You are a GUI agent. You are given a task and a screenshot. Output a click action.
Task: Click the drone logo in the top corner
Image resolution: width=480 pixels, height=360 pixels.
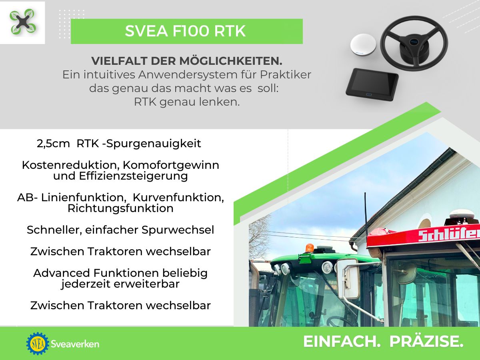[x=22, y=22]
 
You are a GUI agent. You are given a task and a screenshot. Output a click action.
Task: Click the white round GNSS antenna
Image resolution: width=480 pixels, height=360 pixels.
[x=364, y=44]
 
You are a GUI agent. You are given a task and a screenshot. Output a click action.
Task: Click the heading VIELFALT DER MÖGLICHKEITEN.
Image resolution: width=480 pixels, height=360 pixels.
[x=187, y=61]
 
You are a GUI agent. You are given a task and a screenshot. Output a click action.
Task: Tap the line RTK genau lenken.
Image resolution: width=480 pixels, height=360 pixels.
[x=187, y=102]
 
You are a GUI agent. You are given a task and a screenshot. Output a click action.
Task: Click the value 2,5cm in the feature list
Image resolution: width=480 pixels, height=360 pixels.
[x=53, y=144]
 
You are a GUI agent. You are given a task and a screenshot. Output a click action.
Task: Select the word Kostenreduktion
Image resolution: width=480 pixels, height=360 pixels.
[x=70, y=165]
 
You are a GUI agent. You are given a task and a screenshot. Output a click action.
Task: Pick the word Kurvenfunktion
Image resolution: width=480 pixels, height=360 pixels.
[x=178, y=198]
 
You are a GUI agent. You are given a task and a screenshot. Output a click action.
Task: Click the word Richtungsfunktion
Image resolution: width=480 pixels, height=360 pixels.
[x=120, y=208]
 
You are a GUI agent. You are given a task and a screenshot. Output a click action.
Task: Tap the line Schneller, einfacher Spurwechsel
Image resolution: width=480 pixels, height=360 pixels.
[x=120, y=230]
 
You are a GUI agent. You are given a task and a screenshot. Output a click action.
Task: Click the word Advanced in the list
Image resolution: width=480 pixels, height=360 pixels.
[x=62, y=273]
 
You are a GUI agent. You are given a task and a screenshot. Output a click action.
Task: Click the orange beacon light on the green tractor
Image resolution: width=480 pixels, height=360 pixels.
[x=310, y=248]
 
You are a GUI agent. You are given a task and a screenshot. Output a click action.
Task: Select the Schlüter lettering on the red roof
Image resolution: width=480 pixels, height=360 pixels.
[x=448, y=235]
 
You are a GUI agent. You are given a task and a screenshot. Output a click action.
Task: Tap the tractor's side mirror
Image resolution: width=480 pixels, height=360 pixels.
[x=348, y=278]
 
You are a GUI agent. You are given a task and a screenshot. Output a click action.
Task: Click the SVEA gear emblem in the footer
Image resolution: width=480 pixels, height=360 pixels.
[x=37, y=343]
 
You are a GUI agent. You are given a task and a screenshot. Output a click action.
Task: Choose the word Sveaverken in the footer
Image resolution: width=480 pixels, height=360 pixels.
[x=75, y=344]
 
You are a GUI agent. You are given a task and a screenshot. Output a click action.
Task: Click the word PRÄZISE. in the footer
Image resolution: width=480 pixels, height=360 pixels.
[x=426, y=342]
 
